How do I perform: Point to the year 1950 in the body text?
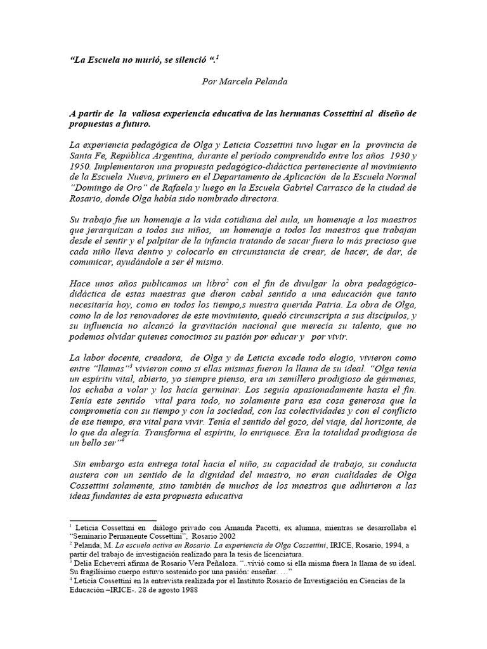pyautogui.click(x=79, y=168)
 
